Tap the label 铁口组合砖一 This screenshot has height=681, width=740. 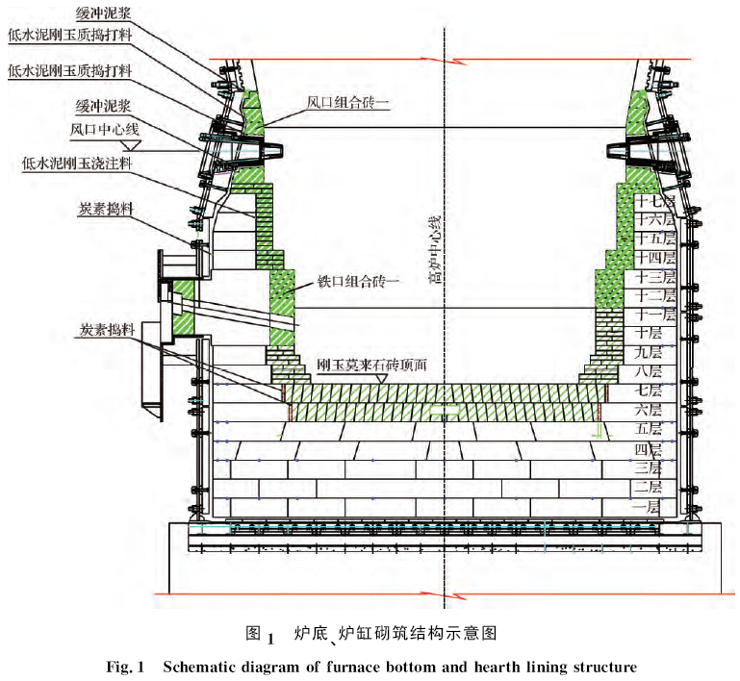click(358, 281)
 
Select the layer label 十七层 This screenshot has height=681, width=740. click(653, 202)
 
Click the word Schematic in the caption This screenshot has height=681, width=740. click(206, 667)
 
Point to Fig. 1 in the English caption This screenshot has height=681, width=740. click(123, 667)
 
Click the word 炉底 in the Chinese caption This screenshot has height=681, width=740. click(310, 633)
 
